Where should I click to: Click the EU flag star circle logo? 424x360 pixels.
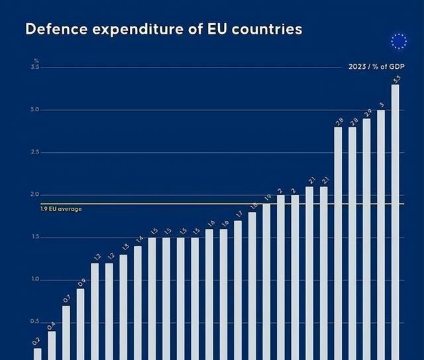(x=399, y=42)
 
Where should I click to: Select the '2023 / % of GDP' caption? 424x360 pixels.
(x=376, y=67)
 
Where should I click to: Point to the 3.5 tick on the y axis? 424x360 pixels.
(x=34, y=67)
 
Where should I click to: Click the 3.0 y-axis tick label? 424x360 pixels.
(x=34, y=110)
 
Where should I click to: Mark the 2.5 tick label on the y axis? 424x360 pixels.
(x=34, y=152)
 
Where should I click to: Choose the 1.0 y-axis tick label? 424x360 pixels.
(x=34, y=280)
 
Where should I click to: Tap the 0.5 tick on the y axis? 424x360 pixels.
(x=34, y=322)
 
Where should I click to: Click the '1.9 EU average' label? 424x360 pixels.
(x=61, y=209)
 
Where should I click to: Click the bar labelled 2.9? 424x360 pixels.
(x=366, y=239)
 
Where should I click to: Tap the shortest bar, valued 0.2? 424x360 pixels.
(x=38, y=353)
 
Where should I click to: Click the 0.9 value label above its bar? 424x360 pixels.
(x=81, y=283)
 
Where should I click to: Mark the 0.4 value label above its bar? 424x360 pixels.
(x=52, y=326)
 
